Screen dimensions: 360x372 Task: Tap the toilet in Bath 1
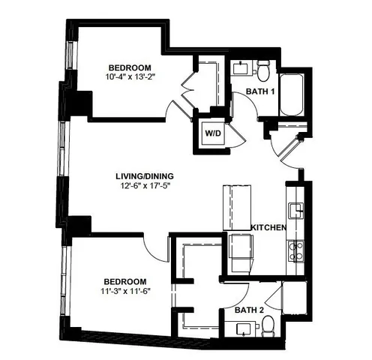pos(263,71)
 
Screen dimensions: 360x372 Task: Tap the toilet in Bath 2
pos(268,325)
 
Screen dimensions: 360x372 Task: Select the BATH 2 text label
pos(250,309)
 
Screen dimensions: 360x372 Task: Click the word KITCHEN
pos(268,226)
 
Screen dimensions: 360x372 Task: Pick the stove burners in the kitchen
pos(295,250)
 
